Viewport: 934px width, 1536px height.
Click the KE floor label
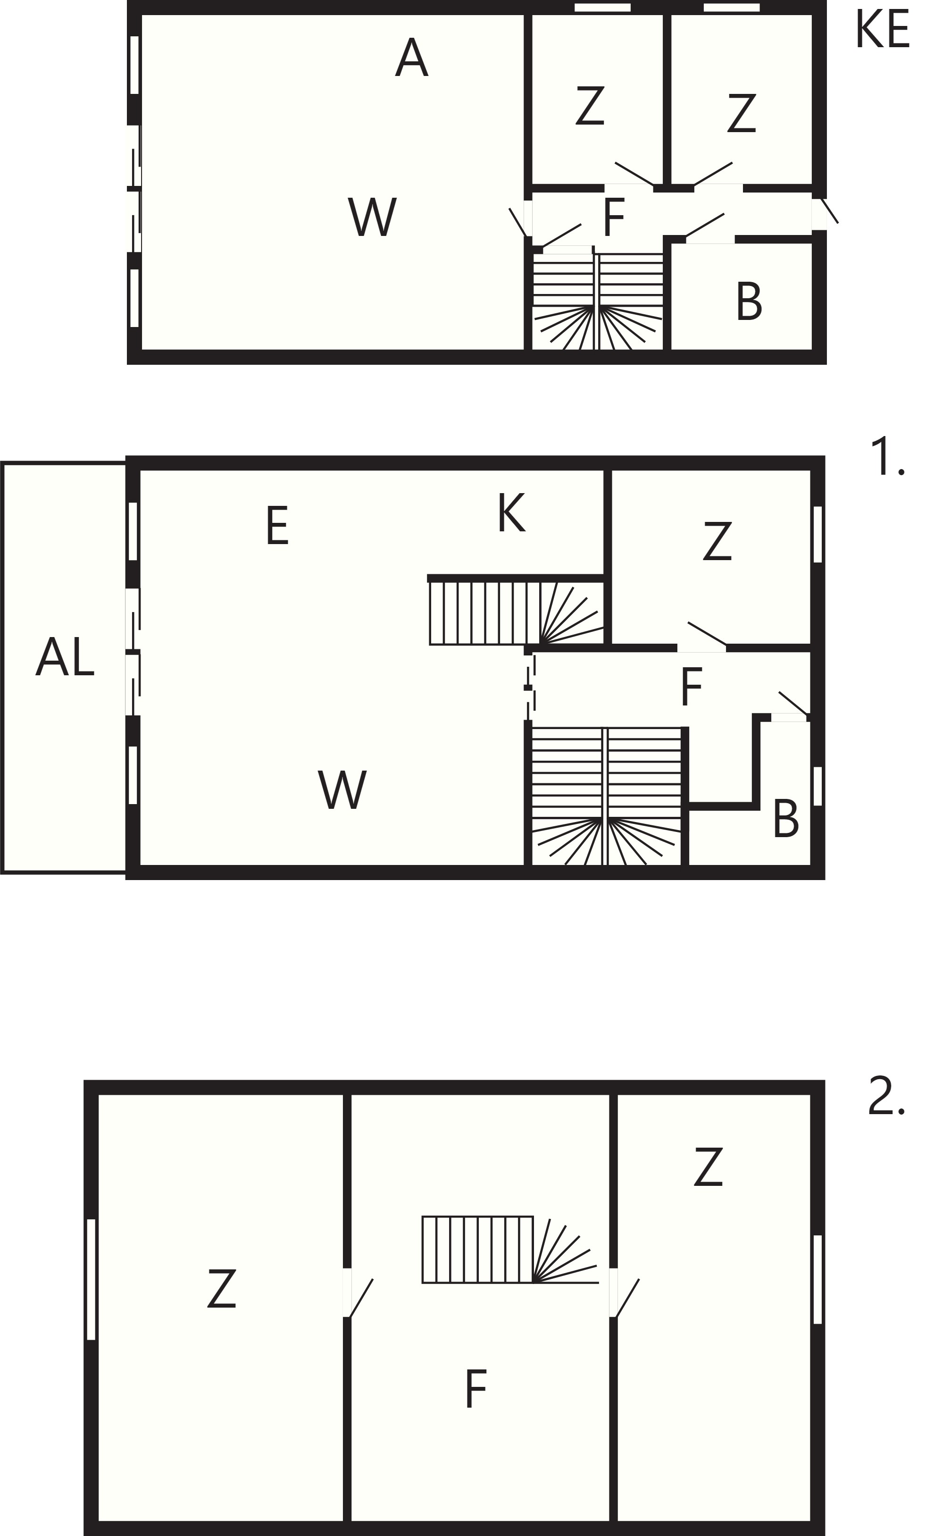click(882, 29)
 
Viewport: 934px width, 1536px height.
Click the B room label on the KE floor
click(749, 302)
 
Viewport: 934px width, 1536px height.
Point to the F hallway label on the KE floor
click(614, 217)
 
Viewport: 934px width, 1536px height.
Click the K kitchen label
click(511, 512)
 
